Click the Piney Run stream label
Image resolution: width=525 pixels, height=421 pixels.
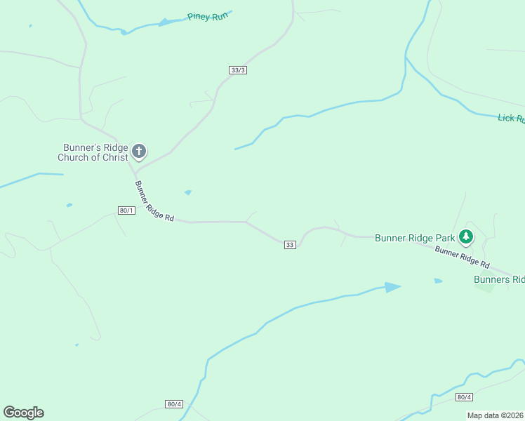tap(209, 16)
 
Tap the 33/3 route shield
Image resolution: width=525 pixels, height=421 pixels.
tap(239, 70)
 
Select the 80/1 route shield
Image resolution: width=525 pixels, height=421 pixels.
tap(126, 210)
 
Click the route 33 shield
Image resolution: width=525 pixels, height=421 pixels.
tap(290, 244)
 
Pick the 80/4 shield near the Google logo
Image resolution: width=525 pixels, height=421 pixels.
tap(175, 404)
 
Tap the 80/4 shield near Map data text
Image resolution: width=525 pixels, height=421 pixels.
tap(464, 397)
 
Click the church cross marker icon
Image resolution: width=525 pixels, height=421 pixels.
tap(139, 151)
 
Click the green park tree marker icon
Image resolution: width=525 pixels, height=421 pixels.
tap(465, 236)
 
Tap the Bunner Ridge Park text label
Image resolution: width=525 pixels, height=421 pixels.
tap(415, 238)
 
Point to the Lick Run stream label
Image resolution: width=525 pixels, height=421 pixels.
tap(511, 119)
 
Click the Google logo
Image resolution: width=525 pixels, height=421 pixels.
tap(23, 413)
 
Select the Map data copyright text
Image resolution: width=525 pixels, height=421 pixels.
tap(496, 415)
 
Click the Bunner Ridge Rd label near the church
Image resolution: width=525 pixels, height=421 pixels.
tap(154, 202)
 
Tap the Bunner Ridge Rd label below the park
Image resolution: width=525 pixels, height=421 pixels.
tap(461, 257)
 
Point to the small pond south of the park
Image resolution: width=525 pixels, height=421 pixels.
tap(438, 281)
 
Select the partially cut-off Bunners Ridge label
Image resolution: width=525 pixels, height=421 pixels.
tap(499, 279)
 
